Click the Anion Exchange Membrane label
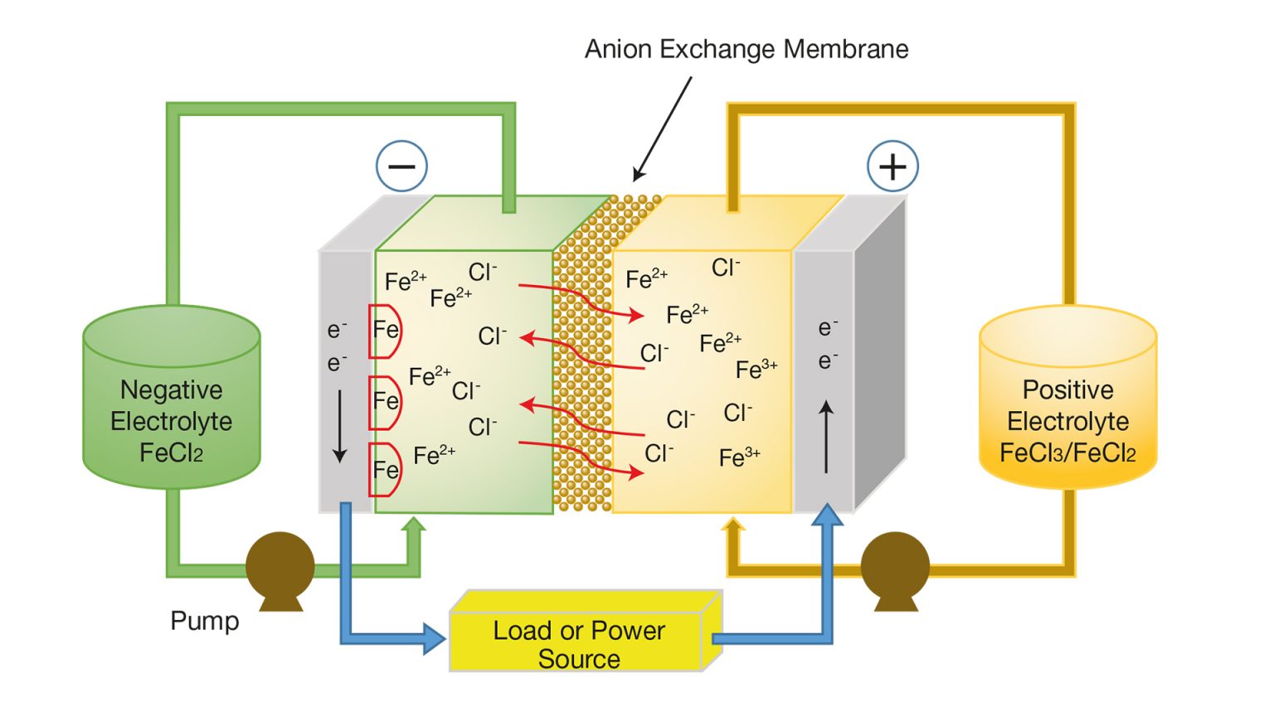tap(746, 50)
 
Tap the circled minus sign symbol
tap(401, 167)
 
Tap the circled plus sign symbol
tap(892, 167)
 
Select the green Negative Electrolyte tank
tap(172, 398)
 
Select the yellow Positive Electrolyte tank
tap(1067, 398)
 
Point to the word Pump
tap(204, 621)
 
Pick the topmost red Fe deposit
tap(384, 331)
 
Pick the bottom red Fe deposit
tap(384, 470)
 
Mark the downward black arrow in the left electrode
tap(339, 426)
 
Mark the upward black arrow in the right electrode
tap(826, 437)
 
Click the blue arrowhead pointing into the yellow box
tap(434, 639)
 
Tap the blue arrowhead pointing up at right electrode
tap(827, 515)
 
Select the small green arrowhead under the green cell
tap(413, 524)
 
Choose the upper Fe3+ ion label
tap(756, 370)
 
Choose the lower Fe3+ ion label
tap(739, 457)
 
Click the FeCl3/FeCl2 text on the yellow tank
tap(1067, 453)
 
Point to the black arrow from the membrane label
tap(662, 128)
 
